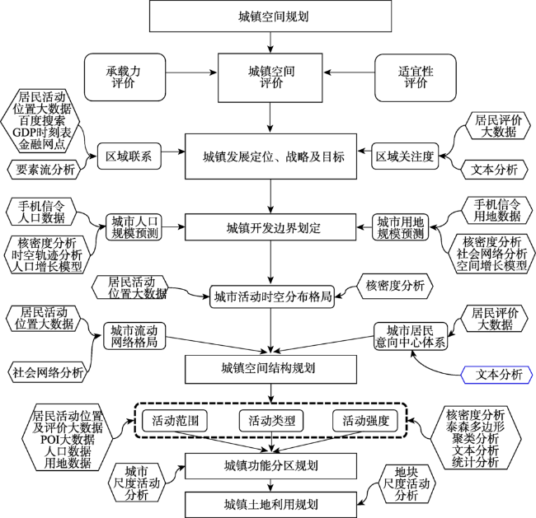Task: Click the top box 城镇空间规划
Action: click(x=270, y=16)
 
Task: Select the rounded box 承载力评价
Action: click(x=125, y=77)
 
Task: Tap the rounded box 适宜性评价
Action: click(x=416, y=77)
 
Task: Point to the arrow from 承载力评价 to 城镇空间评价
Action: click(x=191, y=72)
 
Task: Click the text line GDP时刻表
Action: click(x=42, y=132)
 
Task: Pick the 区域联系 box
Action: click(x=129, y=156)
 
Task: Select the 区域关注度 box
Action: click(x=405, y=156)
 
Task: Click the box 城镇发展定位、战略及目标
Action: click(x=270, y=156)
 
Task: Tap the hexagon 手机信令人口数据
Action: click(x=41, y=212)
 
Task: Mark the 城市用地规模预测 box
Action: click(x=400, y=227)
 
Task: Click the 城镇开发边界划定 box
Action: click(x=270, y=227)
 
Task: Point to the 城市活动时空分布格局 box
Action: click(x=272, y=296)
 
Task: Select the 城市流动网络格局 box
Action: click(x=134, y=336)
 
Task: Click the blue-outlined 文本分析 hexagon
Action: click(x=496, y=375)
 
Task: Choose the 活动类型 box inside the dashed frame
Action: click(x=271, y=420)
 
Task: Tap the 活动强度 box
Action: click(x=365, y=420)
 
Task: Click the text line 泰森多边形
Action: click(x=475, y=427)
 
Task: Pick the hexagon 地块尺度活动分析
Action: click(x=406, y=484)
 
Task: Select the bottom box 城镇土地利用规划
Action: click(x=270, y=504)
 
